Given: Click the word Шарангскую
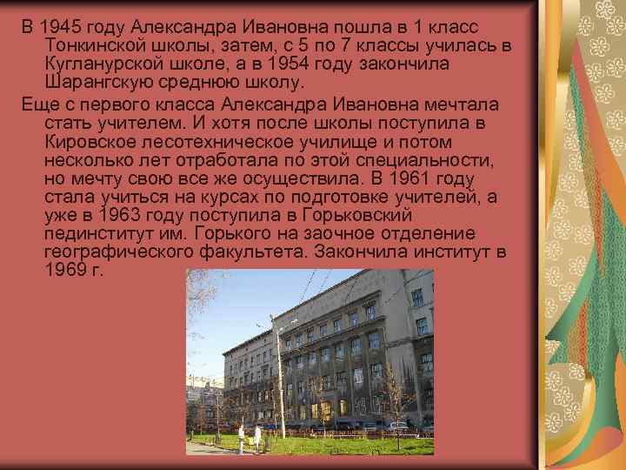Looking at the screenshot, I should (98, 84).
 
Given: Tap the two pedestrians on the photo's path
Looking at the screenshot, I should (249, 437).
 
